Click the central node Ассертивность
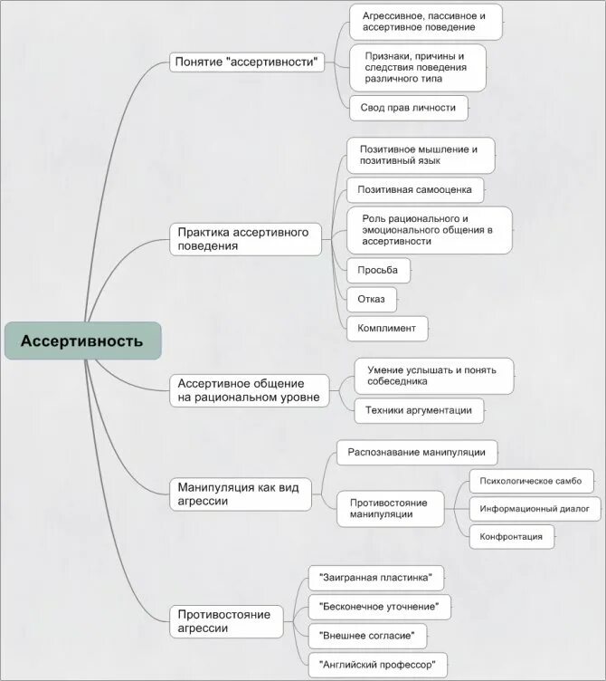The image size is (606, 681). [x=82, y=341]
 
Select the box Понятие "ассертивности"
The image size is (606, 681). [x=247, y=62]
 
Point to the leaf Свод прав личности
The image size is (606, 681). [x=409, y=109]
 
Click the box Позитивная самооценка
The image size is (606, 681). [x=415, y=190]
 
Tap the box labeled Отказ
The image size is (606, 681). [x=371, y=299]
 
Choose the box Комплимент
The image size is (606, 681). [x=386, y=328]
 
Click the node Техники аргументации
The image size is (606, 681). [x=419, y=410]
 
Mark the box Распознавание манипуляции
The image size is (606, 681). [x=417, y=452]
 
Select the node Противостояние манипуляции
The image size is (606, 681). [x=390, y=507]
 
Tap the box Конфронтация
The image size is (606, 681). [x=511, y=537]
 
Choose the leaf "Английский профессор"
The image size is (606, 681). [x=377, y=665]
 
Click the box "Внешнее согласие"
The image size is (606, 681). [x=367, y=635]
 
